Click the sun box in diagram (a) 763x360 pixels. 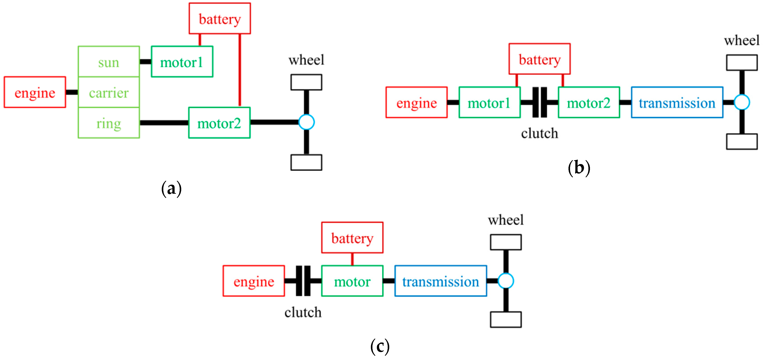click(x=109, y=62)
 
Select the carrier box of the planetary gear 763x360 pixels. click(x=109, y=93)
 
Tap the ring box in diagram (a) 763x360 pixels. click(x=109, y=123)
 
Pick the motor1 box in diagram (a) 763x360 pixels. click(x=182, y=62)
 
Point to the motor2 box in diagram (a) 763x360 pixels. click(x=219, y=123)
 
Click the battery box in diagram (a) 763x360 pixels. click(x=220, y=19)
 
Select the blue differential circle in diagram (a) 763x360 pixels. click(x=306, y=122)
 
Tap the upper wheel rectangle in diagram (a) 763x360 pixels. click(x=306, y=82)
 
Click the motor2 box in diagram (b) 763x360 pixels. click(x=589, y=103)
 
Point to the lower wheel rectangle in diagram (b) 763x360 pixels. click(x=742, y=142)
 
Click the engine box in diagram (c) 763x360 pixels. click(x=254, y=281)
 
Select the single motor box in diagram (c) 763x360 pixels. click(x=352, y=281)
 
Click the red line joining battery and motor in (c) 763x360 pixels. click(x=352, y=259)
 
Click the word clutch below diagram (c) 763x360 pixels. click(x=303, y=313)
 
